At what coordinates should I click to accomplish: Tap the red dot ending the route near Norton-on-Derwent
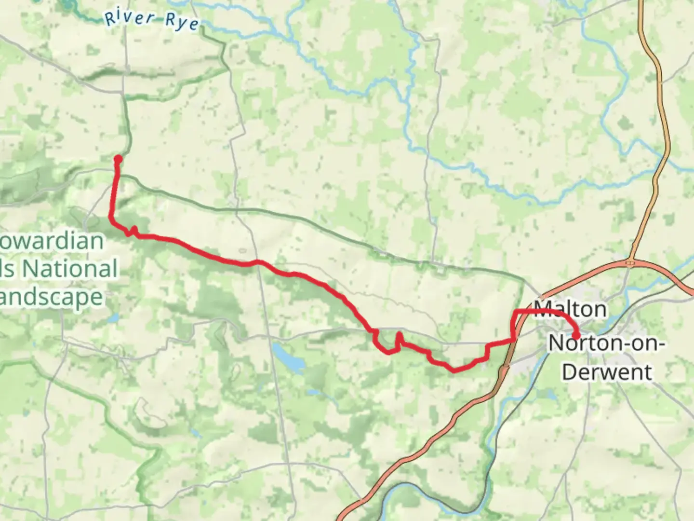tap(575, 336)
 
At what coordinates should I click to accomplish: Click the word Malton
tap(570, 309)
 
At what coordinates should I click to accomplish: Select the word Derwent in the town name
tap(607, 372)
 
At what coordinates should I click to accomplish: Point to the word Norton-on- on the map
tap(607, 343)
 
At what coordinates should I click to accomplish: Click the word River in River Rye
tap(130, 18)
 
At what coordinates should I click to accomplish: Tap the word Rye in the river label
tap(182, 22)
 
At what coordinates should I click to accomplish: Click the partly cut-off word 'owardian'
tap(51, 241)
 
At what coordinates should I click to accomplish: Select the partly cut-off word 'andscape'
tap(51, 297)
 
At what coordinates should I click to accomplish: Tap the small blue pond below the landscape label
tap(113, 318)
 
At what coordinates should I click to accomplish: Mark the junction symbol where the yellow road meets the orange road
tap(630, 263)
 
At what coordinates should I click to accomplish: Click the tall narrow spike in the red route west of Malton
tap(399, 337)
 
